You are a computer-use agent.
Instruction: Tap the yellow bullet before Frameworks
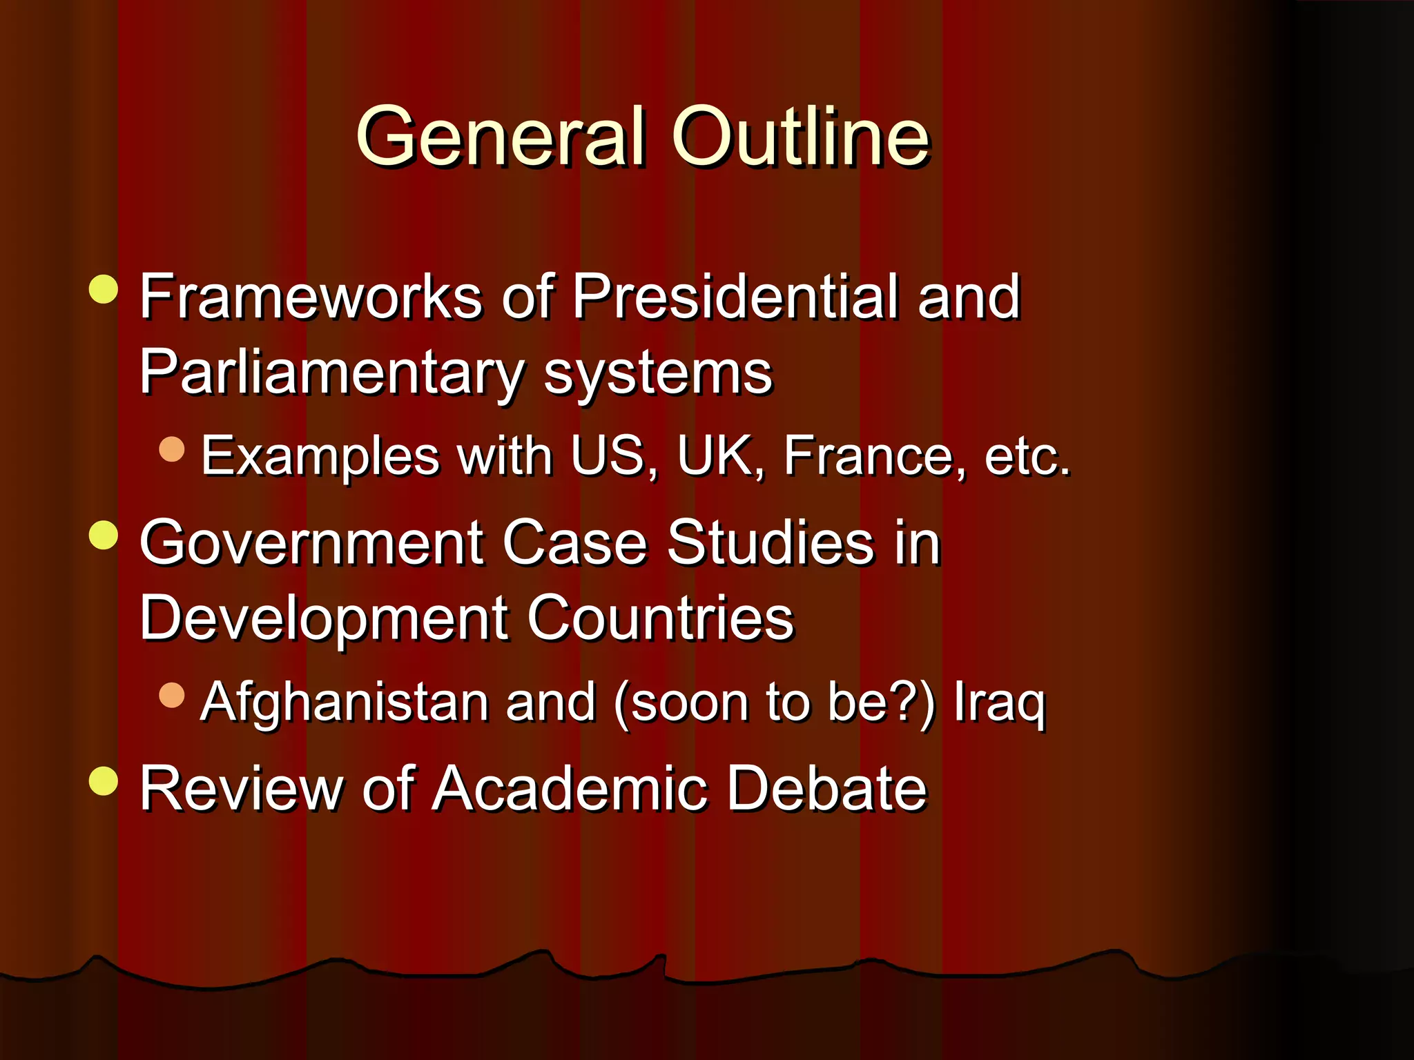pyautogui.click(x=104, y=289)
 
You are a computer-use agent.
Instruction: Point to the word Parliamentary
pyautogui.click(x=332, y=373)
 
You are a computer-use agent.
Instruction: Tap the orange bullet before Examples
pyautogui.click(x=172, y=450)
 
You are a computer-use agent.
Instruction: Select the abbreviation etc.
pyautogui.click(x=1027, y=456)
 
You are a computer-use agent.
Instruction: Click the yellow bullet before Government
pyautogui.click(x=104, y=536)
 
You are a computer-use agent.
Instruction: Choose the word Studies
pyautogui.click(x=771, y=542)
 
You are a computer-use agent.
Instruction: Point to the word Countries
pyautogui.click(x=661, y=618)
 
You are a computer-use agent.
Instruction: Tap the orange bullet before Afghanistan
pyautogui.click(x=172, y=696)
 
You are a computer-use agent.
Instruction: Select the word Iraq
pyautogui.click(x=999, y=703)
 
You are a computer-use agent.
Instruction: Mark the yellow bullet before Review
pyautogui.click(x=104, y=781)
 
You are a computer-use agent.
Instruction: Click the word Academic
pyautogui.click(x=570, y=788)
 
